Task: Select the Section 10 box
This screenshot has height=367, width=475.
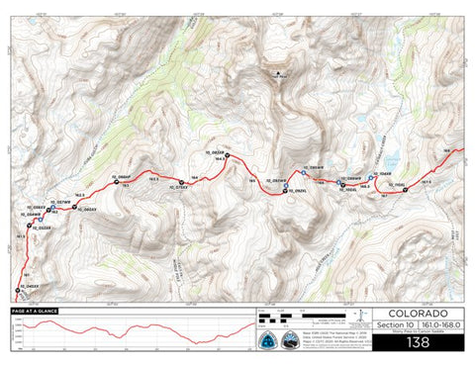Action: coord(395,325)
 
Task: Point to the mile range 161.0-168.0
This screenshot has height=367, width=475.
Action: coord(439,325)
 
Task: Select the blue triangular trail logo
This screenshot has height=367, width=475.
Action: coord(266,340)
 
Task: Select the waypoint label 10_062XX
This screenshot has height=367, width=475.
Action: coord(89,211)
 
